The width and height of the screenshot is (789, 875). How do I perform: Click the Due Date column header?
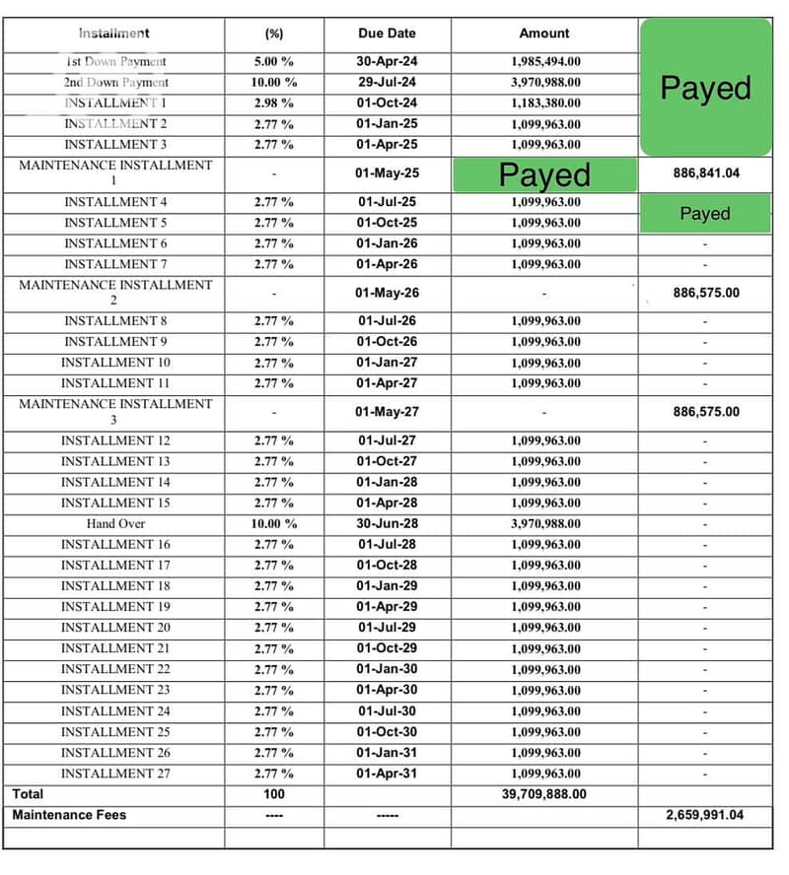pyautogui.click(x=387, y=34)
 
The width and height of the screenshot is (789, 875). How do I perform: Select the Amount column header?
pyautogui.click(x=544, y=34)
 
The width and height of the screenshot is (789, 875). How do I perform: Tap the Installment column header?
pyautogui.click(x=114, y=34)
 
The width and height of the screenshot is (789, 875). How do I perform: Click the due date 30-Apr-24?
pyautogui.click(x=387, y=61)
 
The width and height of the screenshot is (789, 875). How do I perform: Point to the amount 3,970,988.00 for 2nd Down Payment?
pyautogui.click(x=545, y=83)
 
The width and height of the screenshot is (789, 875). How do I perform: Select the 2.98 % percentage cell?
pyautogui.click(x=273, y=103)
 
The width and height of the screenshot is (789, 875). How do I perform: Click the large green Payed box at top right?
pyautogui.click(x=705, y=88)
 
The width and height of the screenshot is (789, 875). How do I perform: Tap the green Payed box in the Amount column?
pyautogui.click(x=544, y=174)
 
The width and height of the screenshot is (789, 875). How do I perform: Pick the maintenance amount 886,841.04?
pyautogui.click(x=705, y=173)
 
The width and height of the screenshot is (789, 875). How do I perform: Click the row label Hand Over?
pyautogui.click(x=114, y=524)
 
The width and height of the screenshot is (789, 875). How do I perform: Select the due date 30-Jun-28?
pyautogui.click(x=387, y=524)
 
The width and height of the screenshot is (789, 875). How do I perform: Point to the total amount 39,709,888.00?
pyautogui.click(x=544, y=794)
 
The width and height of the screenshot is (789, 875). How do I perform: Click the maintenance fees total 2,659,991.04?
pyautogui.click(x=705, y=815)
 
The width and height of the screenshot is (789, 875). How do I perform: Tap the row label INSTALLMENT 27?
pyautogui.click(x=114, y=774)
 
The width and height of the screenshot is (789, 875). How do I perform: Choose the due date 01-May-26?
pyautogui.click(x=387, y=293)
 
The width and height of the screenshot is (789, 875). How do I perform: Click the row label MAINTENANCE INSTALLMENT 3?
pyautogui.click(x=114, y=412)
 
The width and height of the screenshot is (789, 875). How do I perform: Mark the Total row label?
pyautogui.click(x=28, y=794)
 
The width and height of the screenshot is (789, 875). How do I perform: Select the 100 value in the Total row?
pyautogui.click(x=273, y=794)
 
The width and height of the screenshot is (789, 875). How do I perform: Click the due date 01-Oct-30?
pyautogui.click(x=387, y=732)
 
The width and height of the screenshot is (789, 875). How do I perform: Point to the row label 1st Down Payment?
pyautogui.click(x=114, y=61)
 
